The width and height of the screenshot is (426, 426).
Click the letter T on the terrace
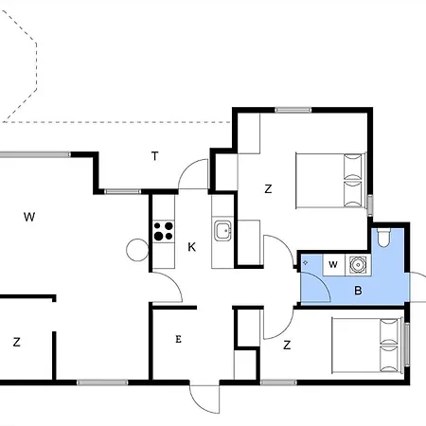point(154,156)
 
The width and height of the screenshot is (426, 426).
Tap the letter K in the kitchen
point(191,247)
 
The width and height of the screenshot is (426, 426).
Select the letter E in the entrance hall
point(178,339)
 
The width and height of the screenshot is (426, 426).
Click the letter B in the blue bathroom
point(358,290)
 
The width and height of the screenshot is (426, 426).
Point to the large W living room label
point(29,217)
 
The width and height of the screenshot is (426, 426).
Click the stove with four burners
point(164,231)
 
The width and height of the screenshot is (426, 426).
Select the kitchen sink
point(222,231)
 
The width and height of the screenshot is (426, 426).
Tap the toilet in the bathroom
point(384,238)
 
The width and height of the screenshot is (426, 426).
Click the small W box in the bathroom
point(334,265)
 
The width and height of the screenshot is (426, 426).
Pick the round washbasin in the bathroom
point(358,265)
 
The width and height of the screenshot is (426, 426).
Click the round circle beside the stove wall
point(137,250)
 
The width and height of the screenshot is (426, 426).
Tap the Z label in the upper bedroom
point(268,189)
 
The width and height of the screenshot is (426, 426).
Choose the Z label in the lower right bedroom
point(287,346)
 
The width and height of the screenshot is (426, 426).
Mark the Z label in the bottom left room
point(17,342)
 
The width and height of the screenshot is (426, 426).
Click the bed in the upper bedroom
point(331,181)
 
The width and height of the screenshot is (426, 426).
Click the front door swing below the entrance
point(204,399)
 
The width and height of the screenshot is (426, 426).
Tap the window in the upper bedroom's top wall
point(293,110)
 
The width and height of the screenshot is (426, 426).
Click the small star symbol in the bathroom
point(305,262)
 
